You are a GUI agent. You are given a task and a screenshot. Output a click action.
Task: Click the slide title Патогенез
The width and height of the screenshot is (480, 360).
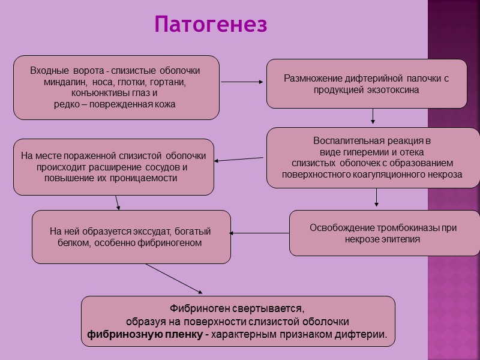click(211, 25)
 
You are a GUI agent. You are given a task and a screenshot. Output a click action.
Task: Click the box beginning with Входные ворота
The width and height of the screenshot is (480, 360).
click(116, 88)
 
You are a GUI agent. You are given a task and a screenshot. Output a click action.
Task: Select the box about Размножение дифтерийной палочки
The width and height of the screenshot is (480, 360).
click(366, 84)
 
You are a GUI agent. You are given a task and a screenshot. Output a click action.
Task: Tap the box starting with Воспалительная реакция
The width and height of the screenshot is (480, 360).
click(372, 158)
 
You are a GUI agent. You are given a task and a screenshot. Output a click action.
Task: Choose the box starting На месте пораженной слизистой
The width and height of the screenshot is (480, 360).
click(113, 167)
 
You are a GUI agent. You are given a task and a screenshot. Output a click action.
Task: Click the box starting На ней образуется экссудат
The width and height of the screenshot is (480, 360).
click(131, 237)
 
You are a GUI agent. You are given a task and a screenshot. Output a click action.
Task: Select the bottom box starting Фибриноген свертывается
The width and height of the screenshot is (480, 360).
click(238, 322)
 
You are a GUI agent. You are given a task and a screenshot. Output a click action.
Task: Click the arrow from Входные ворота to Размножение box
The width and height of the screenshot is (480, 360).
click(242, 82)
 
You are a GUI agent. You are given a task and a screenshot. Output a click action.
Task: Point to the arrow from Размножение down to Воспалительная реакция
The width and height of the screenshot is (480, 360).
click(373, 116)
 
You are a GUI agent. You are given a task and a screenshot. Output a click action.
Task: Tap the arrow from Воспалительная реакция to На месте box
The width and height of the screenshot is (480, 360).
click(239, 159)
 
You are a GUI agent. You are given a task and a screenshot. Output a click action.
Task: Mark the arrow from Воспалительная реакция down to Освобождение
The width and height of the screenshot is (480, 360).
click(376, 198)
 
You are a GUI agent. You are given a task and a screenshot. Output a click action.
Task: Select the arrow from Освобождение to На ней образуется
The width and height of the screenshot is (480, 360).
click(260, 233)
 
